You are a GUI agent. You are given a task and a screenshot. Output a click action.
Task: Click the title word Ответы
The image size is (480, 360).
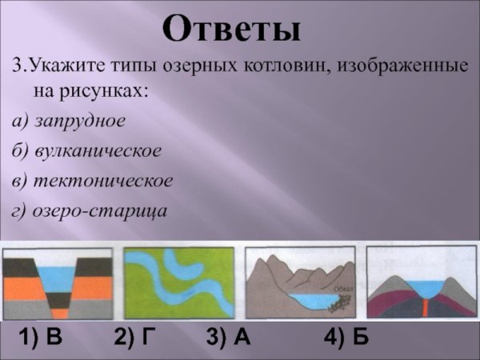(x=232, y=29)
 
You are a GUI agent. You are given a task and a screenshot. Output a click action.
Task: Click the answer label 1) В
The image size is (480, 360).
(x=40, y=338)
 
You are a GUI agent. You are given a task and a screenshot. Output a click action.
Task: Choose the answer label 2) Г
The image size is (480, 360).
(x=133, y=338)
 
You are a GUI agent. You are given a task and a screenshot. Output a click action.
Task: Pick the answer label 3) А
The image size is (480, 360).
(x=229, y=338)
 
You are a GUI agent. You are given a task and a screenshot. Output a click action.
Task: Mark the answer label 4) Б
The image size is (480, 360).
(x=346, y=338)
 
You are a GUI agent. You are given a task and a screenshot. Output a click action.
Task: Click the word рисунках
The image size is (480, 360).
(x=114, y=90)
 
